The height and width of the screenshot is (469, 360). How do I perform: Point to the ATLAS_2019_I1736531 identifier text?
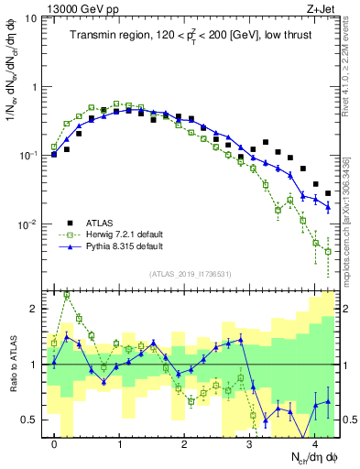(191, 274)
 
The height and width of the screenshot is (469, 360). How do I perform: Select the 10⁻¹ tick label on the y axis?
(28, 156)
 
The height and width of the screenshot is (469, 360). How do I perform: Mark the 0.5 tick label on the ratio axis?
(32, 420)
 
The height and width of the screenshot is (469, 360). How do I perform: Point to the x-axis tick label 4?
(313, 444)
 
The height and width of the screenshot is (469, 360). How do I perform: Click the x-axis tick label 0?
(55, 444)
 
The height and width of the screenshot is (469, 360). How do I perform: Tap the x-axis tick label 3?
(249, 444)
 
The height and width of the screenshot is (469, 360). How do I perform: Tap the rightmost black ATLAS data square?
(328, 193)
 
